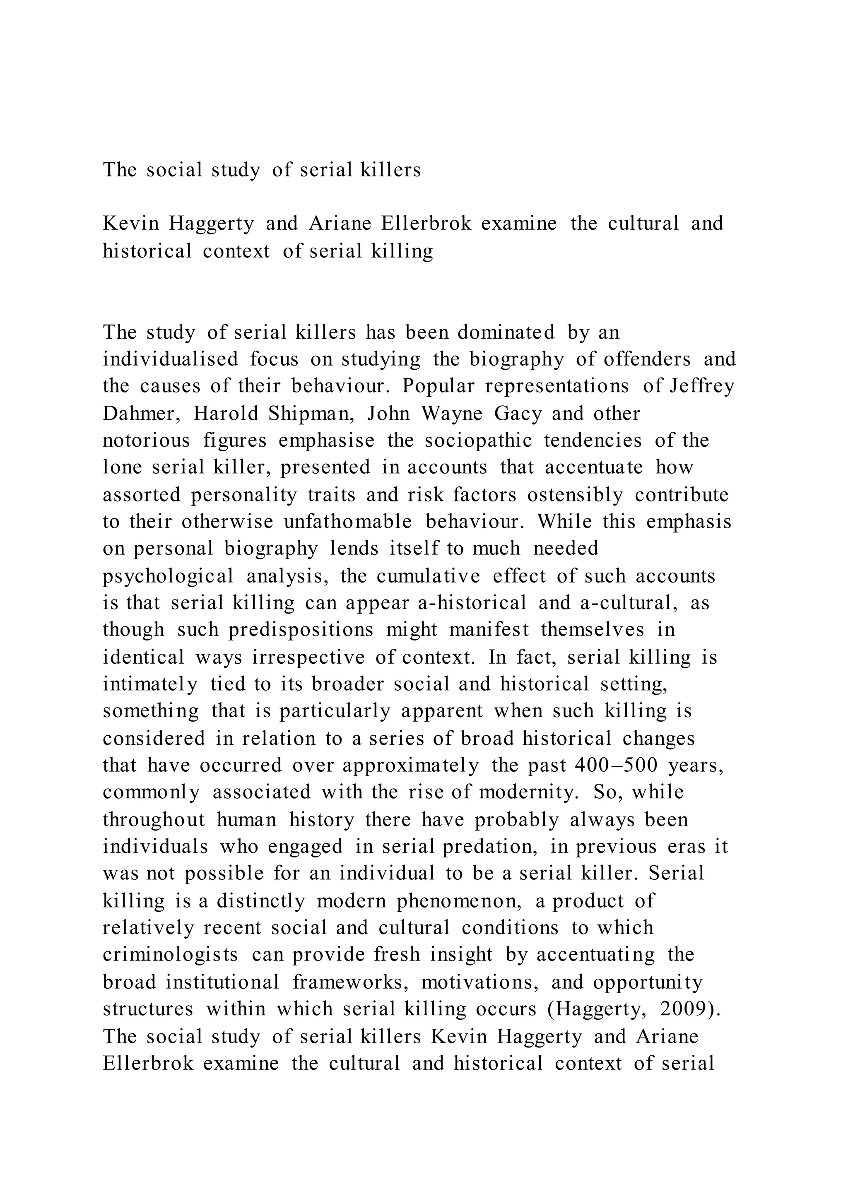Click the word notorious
[x=146, y=441]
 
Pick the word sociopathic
[x=478, y=441]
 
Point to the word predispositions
[x=301, y=630]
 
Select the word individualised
[x=170, y=359]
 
